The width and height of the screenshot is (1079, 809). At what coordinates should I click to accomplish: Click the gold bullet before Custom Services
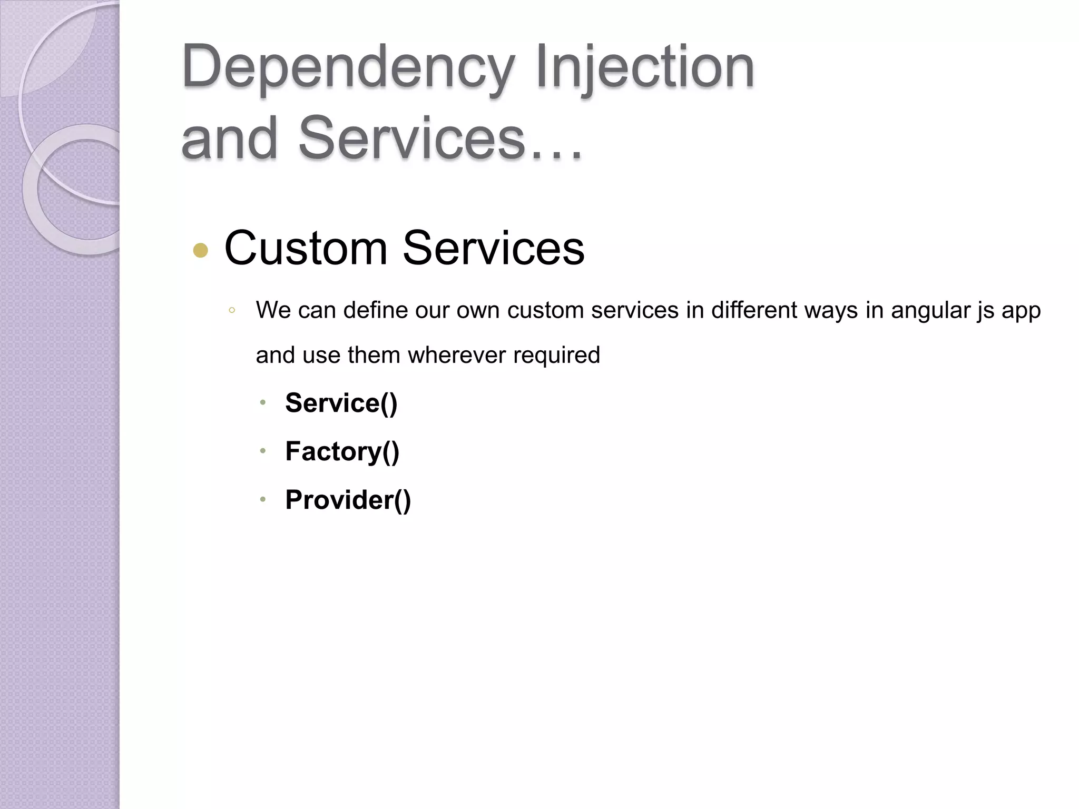coord(201,250)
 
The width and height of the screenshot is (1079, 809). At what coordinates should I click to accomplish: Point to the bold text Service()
coord(341,403)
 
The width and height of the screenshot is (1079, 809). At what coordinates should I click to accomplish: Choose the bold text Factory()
coord(342,451)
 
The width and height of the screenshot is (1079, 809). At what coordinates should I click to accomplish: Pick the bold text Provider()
coord(348,499)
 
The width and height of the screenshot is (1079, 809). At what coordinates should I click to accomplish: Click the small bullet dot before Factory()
coord(262,451)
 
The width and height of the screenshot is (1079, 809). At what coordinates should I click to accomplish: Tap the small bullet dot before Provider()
coord(262,499)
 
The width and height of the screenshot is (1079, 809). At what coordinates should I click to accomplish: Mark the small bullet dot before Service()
coord(262,403)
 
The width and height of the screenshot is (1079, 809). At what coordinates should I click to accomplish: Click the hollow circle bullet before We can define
coord(231,311)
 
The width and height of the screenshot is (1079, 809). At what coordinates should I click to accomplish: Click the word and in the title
coord(229,138)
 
